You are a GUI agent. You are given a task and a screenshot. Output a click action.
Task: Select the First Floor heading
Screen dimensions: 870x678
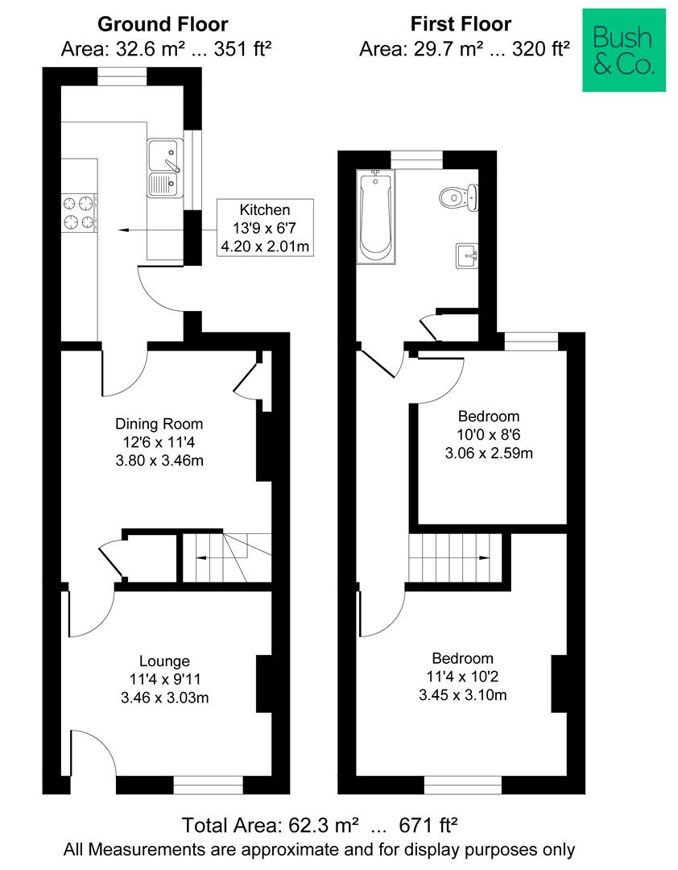coord(461,24)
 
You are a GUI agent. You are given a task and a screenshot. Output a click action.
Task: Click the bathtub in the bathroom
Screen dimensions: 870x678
coord(375,216)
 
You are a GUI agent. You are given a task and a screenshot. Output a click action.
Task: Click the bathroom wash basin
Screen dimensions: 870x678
coord(467,255)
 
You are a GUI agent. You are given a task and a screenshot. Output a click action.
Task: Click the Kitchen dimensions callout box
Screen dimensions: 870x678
coord(265,228)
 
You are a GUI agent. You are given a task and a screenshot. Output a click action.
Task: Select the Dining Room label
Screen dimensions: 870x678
coord(159,424)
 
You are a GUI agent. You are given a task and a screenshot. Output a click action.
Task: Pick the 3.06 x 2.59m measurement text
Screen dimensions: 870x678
coord(489,453)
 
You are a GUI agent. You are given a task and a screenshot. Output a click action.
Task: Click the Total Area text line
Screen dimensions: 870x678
coord(320,825)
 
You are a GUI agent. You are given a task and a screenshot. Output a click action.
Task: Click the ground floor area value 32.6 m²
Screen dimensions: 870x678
coord(141,50)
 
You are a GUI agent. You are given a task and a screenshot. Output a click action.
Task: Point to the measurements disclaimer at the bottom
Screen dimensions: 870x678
coord(320,849)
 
